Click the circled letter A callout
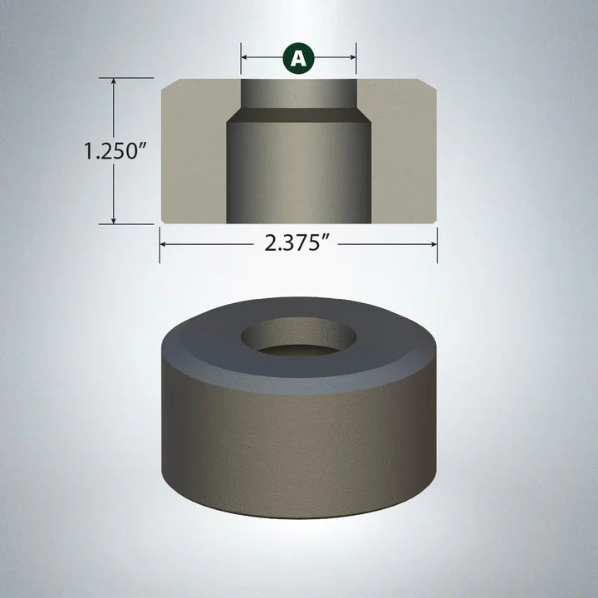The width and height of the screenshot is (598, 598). tap(299, 57)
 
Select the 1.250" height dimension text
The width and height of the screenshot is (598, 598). tap(115, 151)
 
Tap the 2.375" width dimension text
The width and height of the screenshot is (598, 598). tap(298, 244)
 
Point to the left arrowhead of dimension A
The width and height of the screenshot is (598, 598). tap(246, 58)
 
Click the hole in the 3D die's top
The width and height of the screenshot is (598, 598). tap(298, 339)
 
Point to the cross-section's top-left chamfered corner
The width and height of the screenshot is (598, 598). tap(166, 84)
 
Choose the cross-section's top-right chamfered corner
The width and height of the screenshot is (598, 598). tap(430, 84)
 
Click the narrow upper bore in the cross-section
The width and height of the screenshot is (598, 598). tap(299, 93)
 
